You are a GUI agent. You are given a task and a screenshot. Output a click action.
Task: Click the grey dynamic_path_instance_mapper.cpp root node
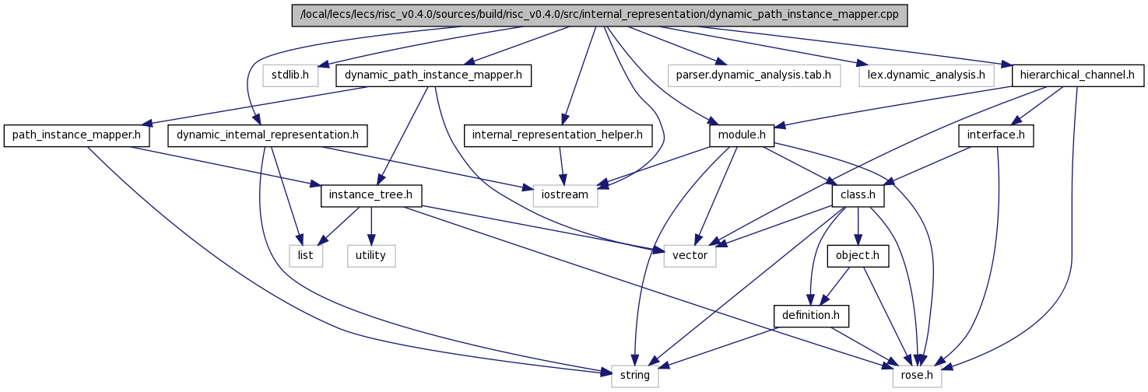599,15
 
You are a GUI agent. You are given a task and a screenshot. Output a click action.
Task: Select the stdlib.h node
290,75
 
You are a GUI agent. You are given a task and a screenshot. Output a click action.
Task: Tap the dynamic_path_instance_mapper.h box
433,75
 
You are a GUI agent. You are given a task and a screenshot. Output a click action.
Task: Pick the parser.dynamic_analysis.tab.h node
754,75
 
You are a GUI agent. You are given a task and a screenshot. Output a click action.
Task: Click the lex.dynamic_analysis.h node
926,75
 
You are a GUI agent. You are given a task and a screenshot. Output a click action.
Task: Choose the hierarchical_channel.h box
1077,75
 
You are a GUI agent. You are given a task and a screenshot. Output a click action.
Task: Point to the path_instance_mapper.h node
76,135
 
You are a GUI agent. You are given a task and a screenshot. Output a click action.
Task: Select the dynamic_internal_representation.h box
267,135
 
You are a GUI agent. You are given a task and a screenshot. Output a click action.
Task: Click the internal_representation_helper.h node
557,135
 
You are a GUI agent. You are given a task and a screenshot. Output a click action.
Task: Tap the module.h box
742,135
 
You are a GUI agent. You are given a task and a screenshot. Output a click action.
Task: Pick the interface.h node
995,135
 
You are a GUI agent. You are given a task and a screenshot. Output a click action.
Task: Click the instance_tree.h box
371,195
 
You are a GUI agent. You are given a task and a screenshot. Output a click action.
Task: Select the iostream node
565,195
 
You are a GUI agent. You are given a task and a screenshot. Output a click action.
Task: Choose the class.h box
858,195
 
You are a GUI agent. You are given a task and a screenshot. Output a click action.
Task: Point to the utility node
371,256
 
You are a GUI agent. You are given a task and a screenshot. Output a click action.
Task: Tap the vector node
690,256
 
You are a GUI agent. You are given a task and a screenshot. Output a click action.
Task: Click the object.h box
858,256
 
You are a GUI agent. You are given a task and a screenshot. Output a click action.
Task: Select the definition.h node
811,316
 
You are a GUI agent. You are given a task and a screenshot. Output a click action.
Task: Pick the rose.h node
917,376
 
